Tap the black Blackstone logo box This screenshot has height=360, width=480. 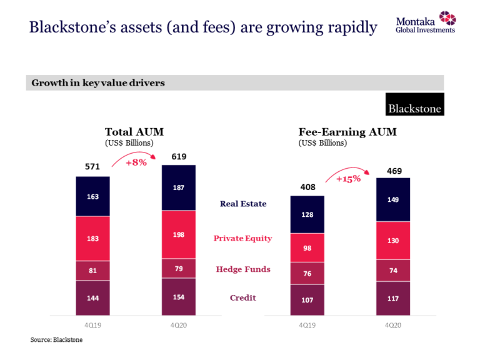tap(414, 104)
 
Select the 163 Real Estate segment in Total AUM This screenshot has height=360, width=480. tap(93, 196)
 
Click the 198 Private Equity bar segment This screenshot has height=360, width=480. tap(179, 234)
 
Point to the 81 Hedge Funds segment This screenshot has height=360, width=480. tap(93, 270)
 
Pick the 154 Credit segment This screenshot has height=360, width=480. tap(179, 297)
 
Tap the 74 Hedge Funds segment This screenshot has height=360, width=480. tap(393, 270)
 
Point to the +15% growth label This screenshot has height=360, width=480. tap(348, 179)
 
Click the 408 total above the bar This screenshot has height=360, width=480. tap(307, 187)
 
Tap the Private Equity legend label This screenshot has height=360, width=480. tap(242, 238)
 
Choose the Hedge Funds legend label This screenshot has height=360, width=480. tap(243, 269)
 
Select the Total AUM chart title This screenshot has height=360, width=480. tap(134, 132)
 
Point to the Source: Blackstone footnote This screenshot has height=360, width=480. tap(56, 340)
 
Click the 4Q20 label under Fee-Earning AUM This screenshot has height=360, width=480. tap(393, 326)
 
